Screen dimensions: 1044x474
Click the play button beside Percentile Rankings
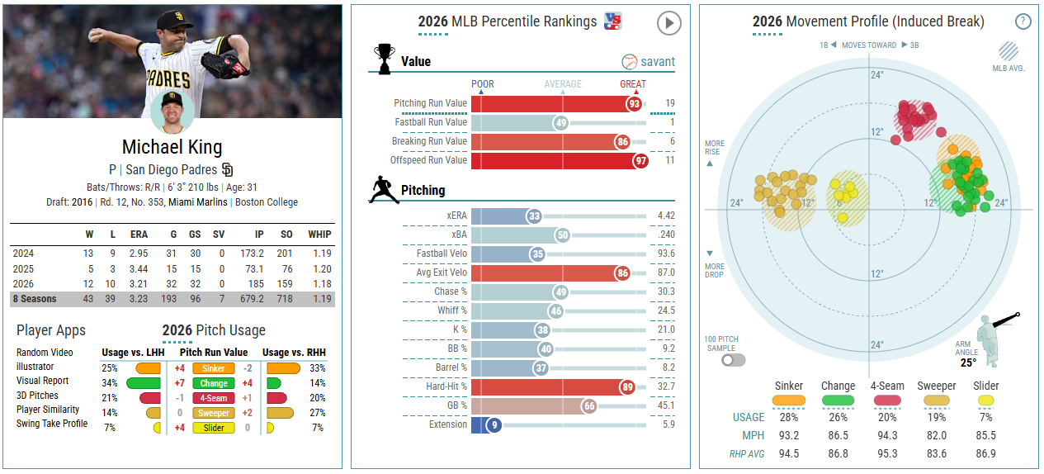[668, 23]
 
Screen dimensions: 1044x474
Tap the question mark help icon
[1023, 21]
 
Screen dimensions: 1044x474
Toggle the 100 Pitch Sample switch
[733, 360]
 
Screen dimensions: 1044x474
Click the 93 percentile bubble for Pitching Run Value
[635, 103]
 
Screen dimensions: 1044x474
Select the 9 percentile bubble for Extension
[494, 425]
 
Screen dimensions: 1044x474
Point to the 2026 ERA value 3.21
[139, 283]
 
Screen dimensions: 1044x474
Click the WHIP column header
[319, 235]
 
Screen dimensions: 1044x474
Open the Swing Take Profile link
[52, 424]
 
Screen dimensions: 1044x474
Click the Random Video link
[45, 353]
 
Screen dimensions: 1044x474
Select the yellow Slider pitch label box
[214, 428]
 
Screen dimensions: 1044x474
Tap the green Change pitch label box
[214, 383]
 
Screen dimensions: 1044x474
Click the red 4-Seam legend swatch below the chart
[887, 401]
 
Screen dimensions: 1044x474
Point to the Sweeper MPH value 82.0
[937, 435]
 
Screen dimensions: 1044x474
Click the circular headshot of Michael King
[172, 111]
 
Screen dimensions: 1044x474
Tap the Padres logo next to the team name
[228, 169]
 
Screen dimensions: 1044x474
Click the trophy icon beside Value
[384, 59]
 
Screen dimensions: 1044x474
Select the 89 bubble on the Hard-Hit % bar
[628, 386]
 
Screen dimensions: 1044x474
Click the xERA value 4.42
[666, 216]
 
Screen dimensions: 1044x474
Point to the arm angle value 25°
[968, 363]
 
